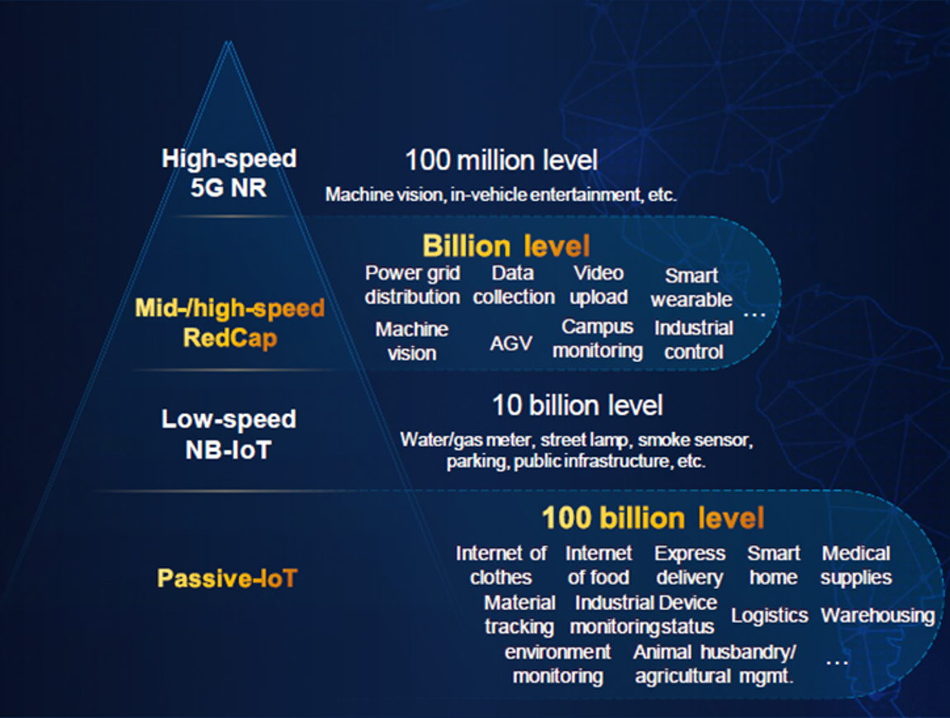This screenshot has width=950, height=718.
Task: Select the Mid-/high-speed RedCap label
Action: tap(230, 323)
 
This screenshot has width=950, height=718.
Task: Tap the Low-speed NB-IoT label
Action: tap(228, 434)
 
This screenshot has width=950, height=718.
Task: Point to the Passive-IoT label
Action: tap(226, 578)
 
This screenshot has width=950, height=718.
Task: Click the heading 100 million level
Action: tap(501, 159)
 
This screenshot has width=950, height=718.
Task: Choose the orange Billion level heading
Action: tap(506, 246)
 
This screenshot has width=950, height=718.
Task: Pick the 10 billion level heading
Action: tap(577, 406)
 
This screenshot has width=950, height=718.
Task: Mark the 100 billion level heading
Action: tap(653, 518)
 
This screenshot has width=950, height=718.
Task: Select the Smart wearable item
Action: tap(691, 288)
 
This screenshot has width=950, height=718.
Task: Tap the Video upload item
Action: tap(598, 285)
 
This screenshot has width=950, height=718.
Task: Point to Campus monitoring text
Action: tap(597, 339)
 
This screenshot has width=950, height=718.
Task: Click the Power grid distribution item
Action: tap(412, 285)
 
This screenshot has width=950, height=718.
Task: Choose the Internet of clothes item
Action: tap(501, 565)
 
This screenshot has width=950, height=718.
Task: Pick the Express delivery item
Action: tap(689, 565)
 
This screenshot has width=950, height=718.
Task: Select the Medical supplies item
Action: tap(856, 565)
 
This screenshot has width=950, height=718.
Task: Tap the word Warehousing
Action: tap(877, 616)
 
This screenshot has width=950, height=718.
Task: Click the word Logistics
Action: tap(769, 616)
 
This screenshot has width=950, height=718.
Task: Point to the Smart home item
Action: tap(773, 565)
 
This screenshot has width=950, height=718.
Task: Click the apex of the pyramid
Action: tap(229, 43)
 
